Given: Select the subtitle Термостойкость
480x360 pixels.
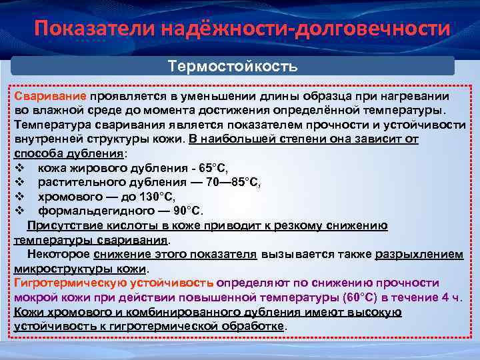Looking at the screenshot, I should click(x=233, y=67).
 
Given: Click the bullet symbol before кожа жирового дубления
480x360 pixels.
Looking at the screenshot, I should click(x=19, y=167).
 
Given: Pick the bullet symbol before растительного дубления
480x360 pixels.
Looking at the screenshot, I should click(x=19, y=182).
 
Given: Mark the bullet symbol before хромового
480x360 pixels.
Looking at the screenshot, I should click(x=19, y=197).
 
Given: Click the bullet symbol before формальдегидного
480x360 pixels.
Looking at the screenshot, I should click(x=19, y=211).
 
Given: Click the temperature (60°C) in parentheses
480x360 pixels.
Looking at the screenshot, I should click(x=360, y=297).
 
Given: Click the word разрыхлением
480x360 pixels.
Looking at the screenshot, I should click(x=419, y=255).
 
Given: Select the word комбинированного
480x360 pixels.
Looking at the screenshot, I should click(x=189, y=312).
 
